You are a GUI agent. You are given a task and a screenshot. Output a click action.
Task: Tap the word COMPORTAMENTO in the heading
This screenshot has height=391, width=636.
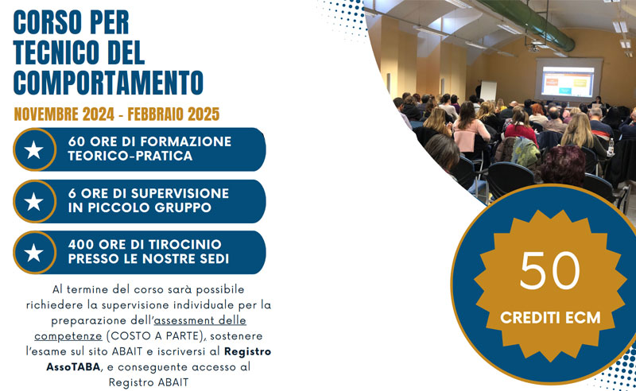point(108,83)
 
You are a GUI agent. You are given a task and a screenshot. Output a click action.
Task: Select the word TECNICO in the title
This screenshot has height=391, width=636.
point(53,52)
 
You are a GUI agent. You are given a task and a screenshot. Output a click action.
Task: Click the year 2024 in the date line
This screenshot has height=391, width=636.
point(99,114)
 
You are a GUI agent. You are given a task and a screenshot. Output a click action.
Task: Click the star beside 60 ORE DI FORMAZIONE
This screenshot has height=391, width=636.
point(33,149)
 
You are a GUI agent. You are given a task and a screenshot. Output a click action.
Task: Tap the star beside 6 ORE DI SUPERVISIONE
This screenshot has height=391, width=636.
point(33,201)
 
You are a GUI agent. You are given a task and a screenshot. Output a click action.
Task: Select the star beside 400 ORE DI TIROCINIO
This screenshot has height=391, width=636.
point(33,252)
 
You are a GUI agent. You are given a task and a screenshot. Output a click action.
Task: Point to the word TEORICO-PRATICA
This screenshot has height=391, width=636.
point(130,156)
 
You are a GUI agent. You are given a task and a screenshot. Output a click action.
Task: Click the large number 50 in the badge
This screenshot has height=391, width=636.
point(549,270)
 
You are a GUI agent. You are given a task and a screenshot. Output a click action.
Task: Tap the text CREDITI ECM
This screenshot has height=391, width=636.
point(550,318)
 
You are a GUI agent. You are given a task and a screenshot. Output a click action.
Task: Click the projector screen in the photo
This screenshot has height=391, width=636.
point(568,82)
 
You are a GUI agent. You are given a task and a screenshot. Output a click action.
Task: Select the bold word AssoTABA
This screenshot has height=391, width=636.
point(73,366)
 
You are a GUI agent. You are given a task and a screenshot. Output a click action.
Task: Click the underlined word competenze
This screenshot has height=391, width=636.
point(68,336)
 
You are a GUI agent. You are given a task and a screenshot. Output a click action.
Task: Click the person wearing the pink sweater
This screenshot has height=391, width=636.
point(471,130)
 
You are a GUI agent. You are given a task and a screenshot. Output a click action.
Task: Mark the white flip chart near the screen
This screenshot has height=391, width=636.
point(488,91)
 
